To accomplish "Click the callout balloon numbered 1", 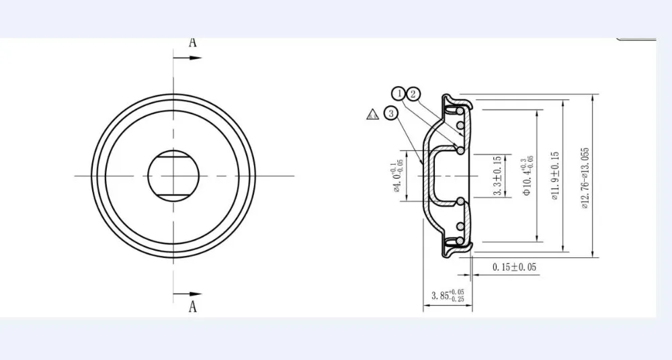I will [398, 93].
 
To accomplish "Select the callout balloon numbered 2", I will [413, 93].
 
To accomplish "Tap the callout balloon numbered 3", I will [390, 114].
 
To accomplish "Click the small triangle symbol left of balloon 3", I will [372, 114].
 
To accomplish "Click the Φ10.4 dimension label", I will [528, 176].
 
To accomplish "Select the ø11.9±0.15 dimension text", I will [555, 176].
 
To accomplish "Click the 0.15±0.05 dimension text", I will [514, 267].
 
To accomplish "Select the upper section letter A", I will [192, 42].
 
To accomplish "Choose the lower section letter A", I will [192, 308].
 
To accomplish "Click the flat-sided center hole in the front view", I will [173, 175].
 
